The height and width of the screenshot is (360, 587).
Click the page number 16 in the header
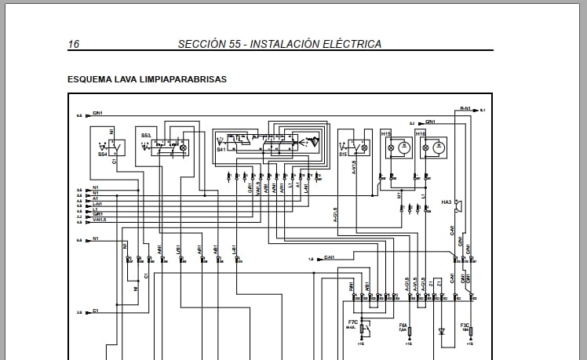[74, 44]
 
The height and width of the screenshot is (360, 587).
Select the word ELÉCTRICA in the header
[352, 44]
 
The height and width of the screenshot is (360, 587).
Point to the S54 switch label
[103, 155]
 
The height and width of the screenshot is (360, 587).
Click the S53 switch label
[145, 136]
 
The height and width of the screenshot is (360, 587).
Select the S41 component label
[221, 149]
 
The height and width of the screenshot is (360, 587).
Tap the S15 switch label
[343, 155]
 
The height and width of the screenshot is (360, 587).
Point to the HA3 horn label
[447, 203]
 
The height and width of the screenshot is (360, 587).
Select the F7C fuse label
[352, 322]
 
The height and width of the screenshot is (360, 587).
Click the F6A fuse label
[403, 325]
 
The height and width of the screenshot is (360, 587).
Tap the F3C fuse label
[465, 325]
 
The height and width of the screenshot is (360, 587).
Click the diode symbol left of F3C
[441, 331]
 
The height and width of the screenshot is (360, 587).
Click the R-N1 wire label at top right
[465, 109]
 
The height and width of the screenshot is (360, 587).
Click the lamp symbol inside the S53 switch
[184, 147]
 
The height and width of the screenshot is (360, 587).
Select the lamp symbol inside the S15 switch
[363, 147]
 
